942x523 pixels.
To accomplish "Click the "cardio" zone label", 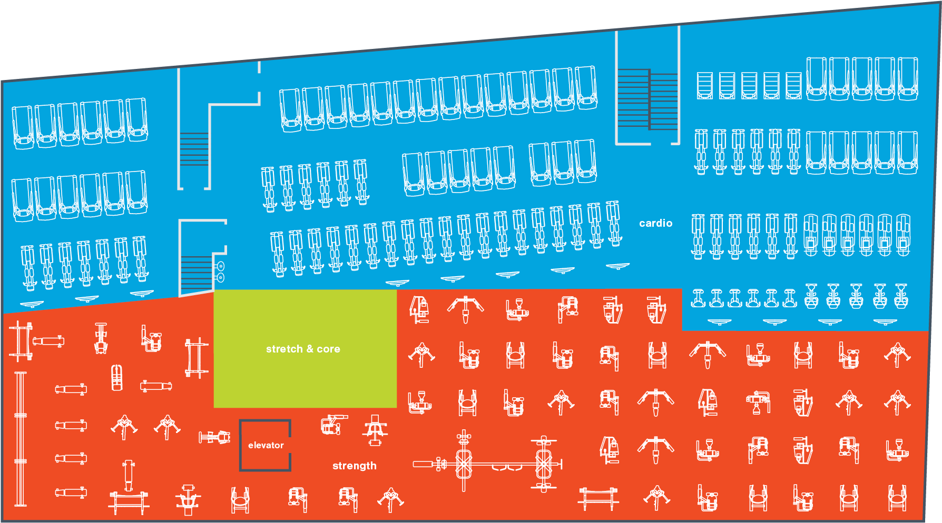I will point(655,223).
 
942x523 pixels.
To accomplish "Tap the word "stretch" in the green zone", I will point(284,349).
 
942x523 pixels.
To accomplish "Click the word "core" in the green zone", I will point(328,349).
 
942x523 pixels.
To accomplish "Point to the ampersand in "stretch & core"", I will point(310,349).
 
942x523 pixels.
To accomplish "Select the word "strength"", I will point(354,466).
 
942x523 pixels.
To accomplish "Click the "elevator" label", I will point(266,445).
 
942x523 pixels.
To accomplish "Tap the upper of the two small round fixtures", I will point(221,266).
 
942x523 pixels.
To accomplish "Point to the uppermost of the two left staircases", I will point(194,149).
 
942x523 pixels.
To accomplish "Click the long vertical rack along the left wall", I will point(21,439).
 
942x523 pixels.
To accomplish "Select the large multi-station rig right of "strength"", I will point(487,464).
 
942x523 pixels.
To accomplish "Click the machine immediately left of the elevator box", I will point(215,437).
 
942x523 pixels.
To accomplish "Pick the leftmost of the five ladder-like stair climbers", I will point(704,85).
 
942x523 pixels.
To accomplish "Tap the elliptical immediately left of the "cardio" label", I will point(614,223).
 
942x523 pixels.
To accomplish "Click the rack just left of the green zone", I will point(197,358).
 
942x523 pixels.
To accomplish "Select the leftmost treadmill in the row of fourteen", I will point(290,110).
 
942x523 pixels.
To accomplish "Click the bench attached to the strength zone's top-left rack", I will point(48,341).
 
